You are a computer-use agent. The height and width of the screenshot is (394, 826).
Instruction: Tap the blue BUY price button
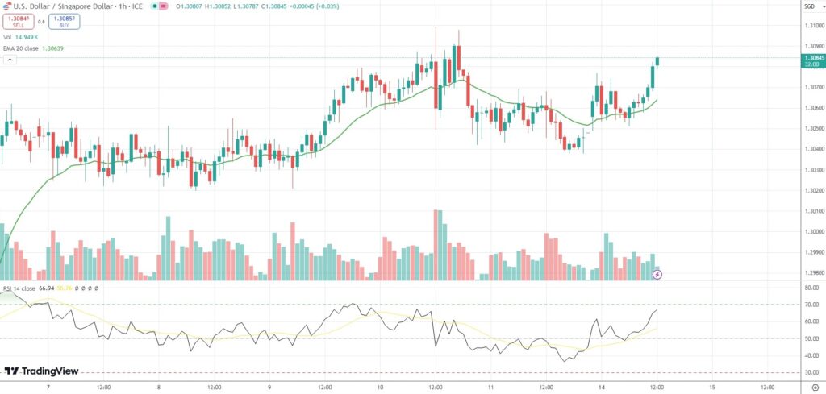point(63,21)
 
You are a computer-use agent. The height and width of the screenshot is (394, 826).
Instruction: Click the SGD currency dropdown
point(809,6)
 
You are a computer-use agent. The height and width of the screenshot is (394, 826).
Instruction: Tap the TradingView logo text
point(36,371)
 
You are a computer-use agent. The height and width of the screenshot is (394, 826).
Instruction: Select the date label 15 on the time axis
point(711,386)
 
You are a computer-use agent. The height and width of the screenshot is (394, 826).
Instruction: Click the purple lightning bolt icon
point(657,275)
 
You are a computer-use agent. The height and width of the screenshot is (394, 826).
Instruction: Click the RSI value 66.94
point(46,288)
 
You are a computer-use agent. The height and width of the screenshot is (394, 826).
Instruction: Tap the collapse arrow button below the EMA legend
point(9,60)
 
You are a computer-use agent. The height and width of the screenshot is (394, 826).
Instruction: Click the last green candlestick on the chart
point(657,61)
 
